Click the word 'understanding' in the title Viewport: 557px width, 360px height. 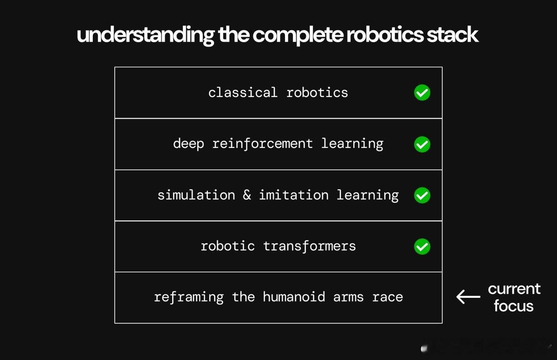(x=146, y=35)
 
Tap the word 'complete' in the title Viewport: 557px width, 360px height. (x=298, y=35)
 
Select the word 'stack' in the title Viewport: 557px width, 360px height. (x=452, y=34)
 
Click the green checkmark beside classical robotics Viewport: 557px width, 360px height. (x=422, y=93)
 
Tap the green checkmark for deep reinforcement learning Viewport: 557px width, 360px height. (x=422, y=144)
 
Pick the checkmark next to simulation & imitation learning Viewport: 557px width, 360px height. (x=422, y=195)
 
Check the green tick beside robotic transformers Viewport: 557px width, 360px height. (x=422, y=246)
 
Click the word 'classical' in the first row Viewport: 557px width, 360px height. (x=243, y=92)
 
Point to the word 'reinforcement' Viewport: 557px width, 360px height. (x=262, y=144)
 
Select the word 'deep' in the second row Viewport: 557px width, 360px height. (x=188, y=144)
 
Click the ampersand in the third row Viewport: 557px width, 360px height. (x=247, y=194)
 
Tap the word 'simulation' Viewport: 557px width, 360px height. (x=196, y=195)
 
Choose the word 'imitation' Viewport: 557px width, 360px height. (x=294, y=195)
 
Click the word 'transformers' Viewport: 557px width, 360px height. (x=309, y=246)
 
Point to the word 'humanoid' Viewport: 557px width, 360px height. (x=294, y=297)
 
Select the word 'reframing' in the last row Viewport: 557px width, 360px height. (x=189, y=297)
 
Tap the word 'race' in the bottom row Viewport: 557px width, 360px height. (x=388, y=298)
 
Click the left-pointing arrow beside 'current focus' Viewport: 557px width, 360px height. (x=468, y=296)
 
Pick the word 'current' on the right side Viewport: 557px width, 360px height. (x=514, y=289)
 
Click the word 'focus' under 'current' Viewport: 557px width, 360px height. (x=514, y=306)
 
